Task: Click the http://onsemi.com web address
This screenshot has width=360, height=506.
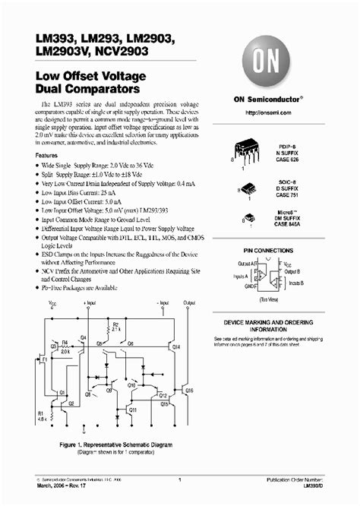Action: (271, 112)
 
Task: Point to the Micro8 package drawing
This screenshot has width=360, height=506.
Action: (249, 219)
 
